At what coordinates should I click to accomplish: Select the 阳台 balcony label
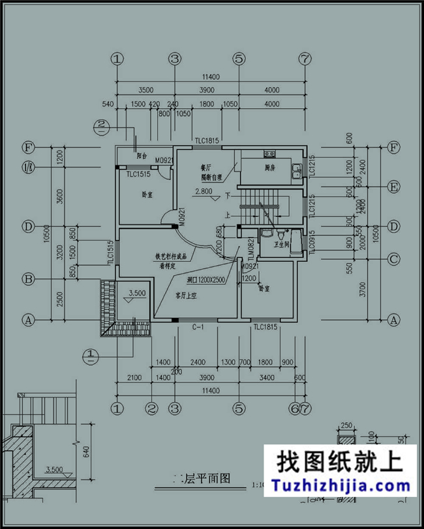click(142, 156)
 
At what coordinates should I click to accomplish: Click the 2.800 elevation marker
click(204, 192)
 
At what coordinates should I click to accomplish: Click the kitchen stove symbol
click(268, 154)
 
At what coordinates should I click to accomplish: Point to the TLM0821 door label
click(250, 250)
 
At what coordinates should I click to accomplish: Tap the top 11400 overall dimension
click(210, 77)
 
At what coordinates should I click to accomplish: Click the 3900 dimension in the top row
click(206, 90)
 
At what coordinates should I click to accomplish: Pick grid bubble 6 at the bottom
click(295, 408)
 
